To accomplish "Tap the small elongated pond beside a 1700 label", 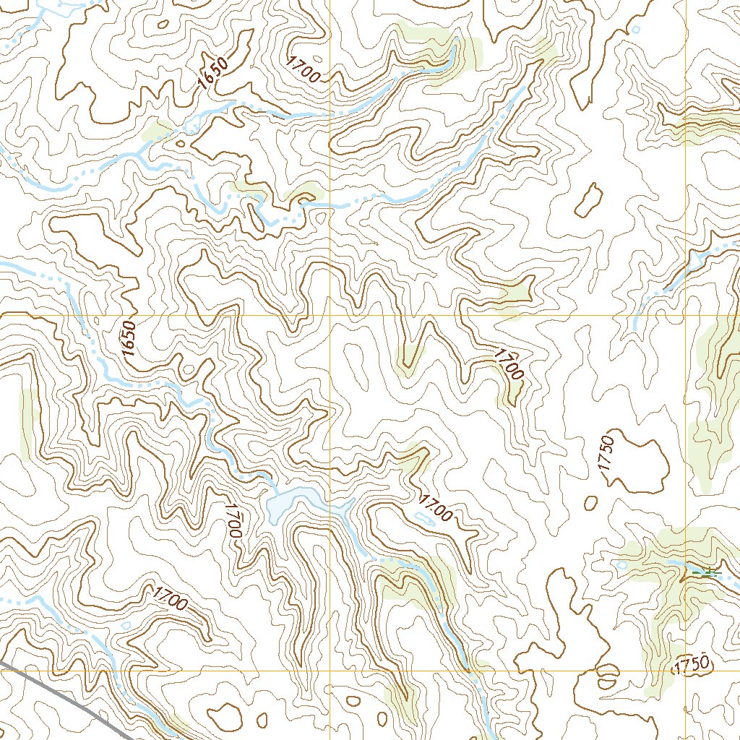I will pos(425,517).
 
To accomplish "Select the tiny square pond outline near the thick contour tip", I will pos(636,29).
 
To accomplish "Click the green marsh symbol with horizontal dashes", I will pos(706,573).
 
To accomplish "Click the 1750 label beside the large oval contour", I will pos(606,454).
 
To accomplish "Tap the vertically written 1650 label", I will pos(129,337).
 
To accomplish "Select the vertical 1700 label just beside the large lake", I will pos(231,520).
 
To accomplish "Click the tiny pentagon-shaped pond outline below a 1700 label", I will pos(126,626).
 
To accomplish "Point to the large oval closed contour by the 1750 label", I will pos(640,462).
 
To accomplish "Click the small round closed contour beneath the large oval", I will pos(590,502).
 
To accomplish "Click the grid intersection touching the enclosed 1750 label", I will pos(685,670).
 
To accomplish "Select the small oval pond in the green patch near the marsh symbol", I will pos(622,564).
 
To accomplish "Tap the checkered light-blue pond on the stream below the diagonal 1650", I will pos(194,124).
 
